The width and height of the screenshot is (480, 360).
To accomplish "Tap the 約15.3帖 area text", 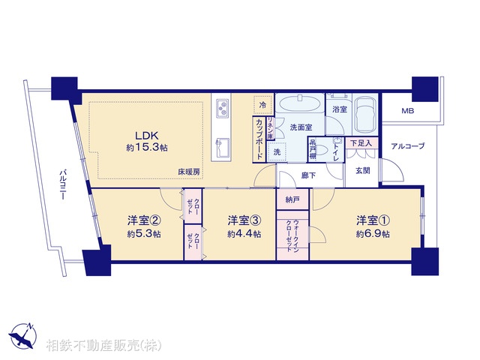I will [x=146, y=149].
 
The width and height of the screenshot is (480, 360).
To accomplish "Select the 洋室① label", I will [x=373, y=220].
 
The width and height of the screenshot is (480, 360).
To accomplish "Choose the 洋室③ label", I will [x=244, y=220].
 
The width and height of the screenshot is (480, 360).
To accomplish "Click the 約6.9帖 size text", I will [x=373, y=234].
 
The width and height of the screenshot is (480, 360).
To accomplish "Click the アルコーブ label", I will [x=408, y=145].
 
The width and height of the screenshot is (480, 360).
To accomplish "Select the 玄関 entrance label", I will [x=362, y=170].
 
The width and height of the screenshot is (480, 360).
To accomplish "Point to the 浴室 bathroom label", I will [x=340, y=109].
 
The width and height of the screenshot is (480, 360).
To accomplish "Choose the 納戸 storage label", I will [x=292, y=200].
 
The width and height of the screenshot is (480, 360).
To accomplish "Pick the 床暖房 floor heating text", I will [x=189, y=172].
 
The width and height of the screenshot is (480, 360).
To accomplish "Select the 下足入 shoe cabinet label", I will [x=361, y=142].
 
